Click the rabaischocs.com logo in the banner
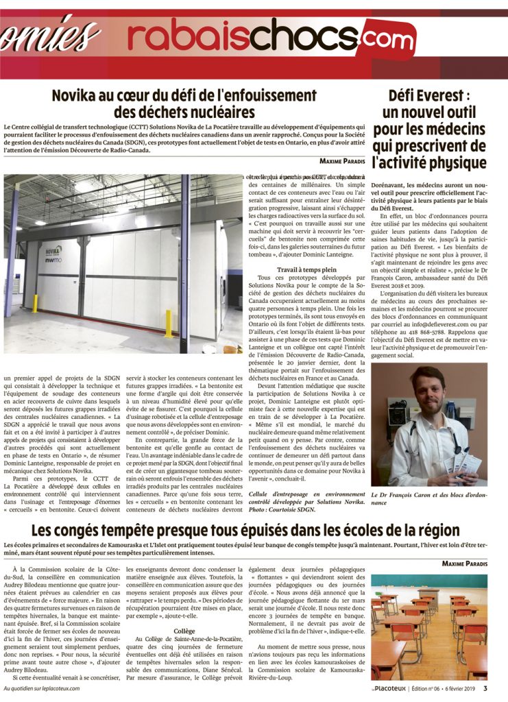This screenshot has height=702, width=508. click(261, 36)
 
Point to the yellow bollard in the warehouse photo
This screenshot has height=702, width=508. click(168, 324)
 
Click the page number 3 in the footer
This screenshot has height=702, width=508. click(485, 688)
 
